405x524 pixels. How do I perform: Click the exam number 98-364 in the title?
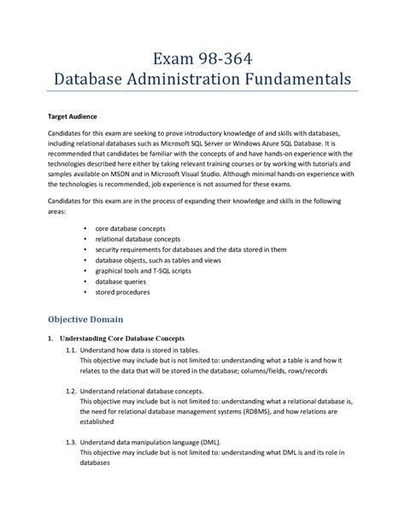coord(226,59)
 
